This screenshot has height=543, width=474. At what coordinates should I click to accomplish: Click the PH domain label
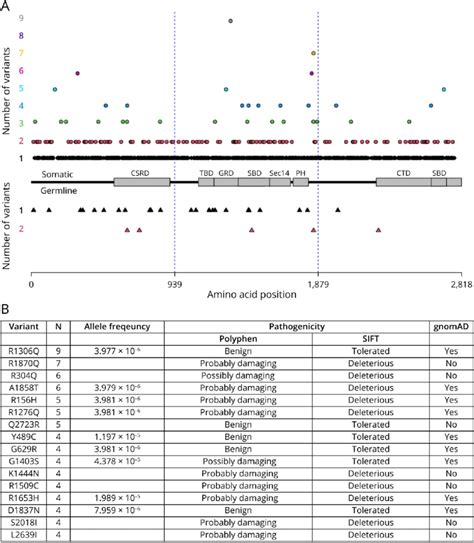(300, 173)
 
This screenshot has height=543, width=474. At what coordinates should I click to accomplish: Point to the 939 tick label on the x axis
(175, 283)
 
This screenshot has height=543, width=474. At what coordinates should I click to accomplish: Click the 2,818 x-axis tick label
(453, 283)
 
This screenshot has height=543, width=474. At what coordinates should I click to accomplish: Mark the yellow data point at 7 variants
(314, 53)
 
